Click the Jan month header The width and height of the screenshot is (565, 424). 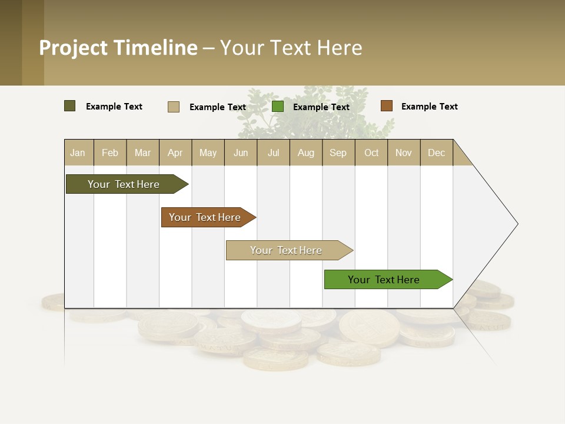(78, 153)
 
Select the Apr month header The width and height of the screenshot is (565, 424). (175, 153)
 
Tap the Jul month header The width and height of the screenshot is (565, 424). (273, 153)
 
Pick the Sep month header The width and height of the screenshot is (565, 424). (338, 153)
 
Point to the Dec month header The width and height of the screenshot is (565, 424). (436, 153)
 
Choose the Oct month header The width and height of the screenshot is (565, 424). (371, 153)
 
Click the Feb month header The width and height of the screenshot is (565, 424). (110, 153)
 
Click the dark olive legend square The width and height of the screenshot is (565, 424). (70, 106)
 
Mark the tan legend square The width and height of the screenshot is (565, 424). (174, 107)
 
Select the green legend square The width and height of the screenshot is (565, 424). (278, 107)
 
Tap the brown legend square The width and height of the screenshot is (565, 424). (387, 106)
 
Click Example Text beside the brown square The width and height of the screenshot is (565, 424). (429, 107)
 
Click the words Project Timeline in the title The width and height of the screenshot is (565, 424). (118, 48)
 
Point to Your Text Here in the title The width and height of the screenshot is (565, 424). (291, 48)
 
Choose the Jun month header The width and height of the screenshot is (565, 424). (241, 153)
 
